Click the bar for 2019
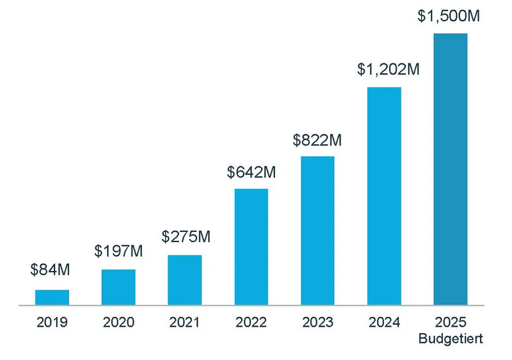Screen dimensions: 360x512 coord(52,297)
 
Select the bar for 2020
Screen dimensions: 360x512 coord(118,287)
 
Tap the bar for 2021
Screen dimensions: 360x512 coord(185,280)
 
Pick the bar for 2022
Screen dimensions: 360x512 coord(252,247)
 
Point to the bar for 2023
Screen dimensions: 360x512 coord(317,231)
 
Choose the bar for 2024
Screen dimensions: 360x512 coord(384,196)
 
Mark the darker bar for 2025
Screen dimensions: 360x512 coord(451,169)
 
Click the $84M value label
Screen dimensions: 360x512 coord(50,270)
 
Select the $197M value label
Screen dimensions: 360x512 coord(118,250)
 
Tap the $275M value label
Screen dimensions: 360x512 coord(186,236)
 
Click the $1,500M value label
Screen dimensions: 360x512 coord(448,16)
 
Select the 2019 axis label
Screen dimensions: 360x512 coord(52,322)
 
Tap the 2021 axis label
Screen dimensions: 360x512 coord(185,322)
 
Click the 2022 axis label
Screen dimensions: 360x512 coord(252,322)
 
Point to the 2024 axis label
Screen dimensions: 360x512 coord(384,322)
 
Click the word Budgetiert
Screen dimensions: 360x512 coord(451,338)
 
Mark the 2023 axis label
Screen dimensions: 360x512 coord(317,322)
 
